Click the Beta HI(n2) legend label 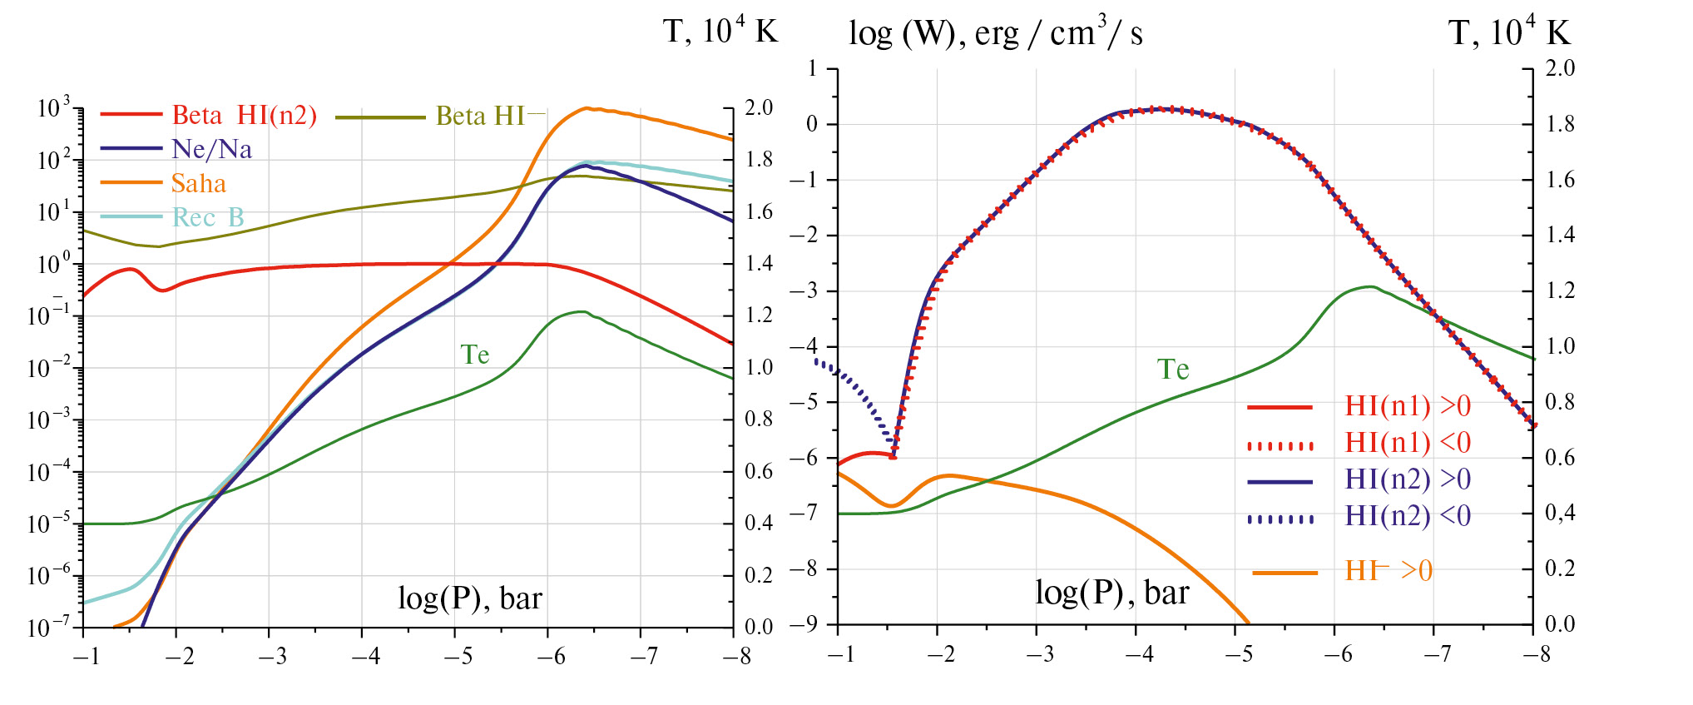[244, 115]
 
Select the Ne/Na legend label [211, 149]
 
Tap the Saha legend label [198, 183]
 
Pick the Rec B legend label [208, 217]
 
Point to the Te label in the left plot [475, 355]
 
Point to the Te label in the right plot [1173, 369]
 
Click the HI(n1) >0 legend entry [1408, 406]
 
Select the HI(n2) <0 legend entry [1408, 516]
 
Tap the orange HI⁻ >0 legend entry [1388, 571]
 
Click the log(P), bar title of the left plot [470, 598]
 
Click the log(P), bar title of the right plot [1111, 593]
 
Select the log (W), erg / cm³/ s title [995, 33]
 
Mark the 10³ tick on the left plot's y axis [54, 108]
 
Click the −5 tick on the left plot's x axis [457, 657]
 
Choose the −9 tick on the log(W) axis [809, 624]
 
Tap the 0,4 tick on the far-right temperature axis [1560, 513]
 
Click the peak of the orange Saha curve [587, 107]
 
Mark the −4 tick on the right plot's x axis [1138, 654]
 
